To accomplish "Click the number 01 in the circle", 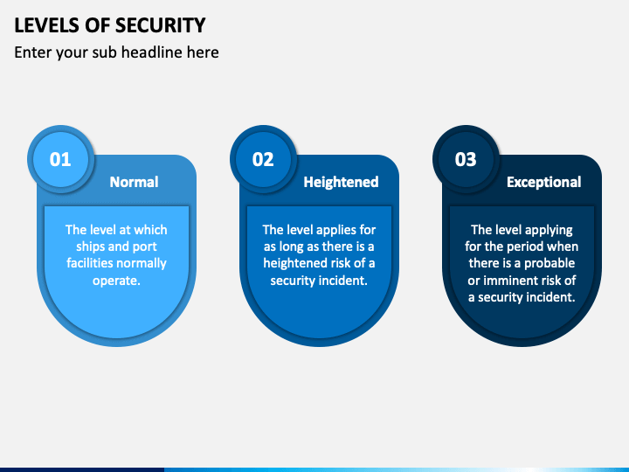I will click(x=60, y=159).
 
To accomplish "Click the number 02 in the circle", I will click(x=263, y=159).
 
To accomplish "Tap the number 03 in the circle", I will click(x=466, y=159).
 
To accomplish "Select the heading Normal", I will click(x=134, y=182).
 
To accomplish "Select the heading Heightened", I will click(x=341, y=182).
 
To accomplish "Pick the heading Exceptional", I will click(x=543, y=182).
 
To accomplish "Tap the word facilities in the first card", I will click(x=93, y=263).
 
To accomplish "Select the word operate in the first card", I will click(x=116, y=280).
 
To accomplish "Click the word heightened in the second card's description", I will click(x=295, y=263).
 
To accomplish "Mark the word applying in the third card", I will click(x=546, y=230).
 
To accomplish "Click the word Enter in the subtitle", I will click(x=32, y=52).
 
